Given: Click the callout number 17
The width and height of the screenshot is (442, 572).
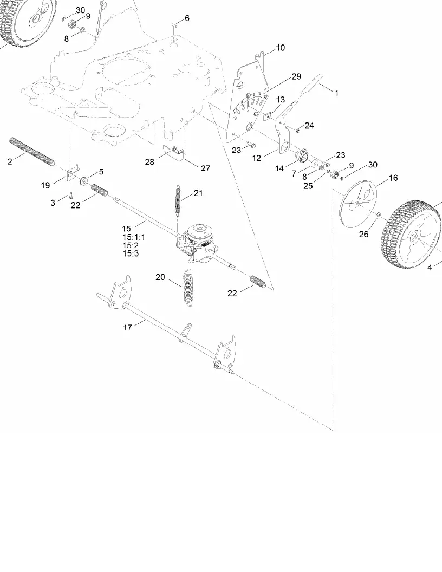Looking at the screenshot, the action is tap(127, 327).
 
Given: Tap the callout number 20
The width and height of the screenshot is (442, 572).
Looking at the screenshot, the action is tap(160, 277).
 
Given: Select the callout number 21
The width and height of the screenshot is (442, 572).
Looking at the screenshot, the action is tap(198, 193).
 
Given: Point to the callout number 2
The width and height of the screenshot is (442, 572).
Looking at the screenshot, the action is tap(10, 161).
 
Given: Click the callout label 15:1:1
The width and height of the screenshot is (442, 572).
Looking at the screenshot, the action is tap(133, 237).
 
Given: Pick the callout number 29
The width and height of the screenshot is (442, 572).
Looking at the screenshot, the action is tap(296, 76).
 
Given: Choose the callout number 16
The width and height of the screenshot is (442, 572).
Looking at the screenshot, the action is tap(393, 178).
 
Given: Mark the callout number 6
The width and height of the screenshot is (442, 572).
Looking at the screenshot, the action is tap(187, 18).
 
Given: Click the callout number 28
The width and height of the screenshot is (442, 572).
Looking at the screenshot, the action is tap(149, 162).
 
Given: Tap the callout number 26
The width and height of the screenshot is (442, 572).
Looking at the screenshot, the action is tap(363, 234).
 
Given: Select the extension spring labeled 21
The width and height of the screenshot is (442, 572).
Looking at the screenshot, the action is tap(178, 200).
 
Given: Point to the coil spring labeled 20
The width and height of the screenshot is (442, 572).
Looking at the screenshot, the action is tap(188, 287).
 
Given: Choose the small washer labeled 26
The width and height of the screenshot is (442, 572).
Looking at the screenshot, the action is tap(378, 216).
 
